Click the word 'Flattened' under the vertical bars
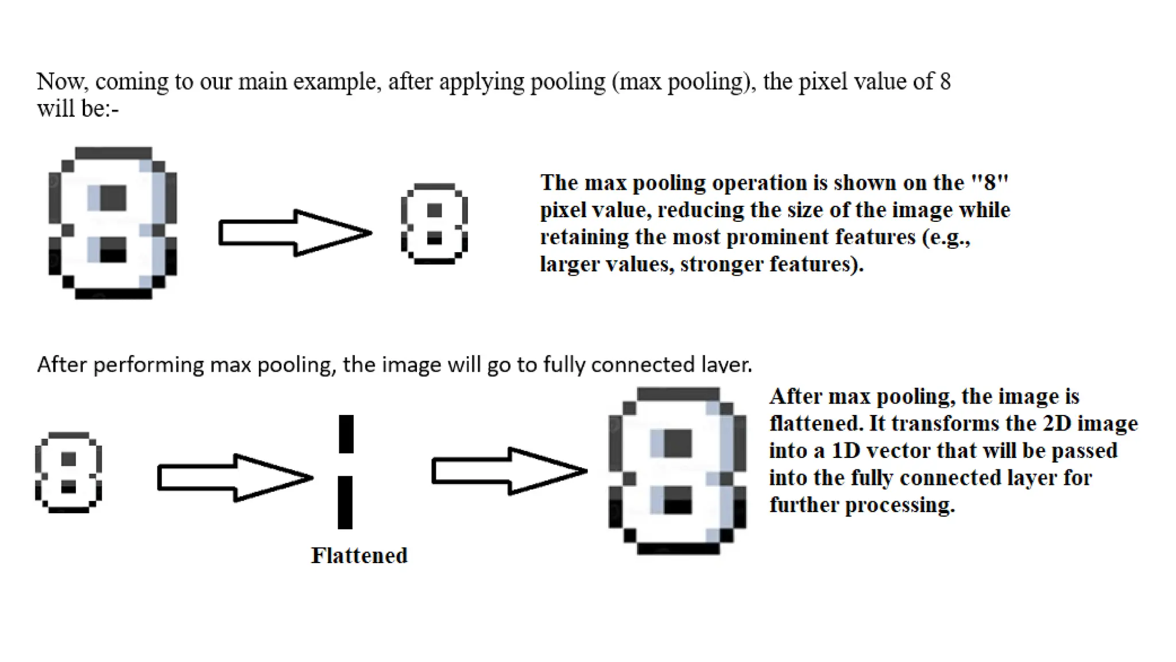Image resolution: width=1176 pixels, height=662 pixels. coord(359,556)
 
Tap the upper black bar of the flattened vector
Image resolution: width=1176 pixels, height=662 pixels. coord(346,434)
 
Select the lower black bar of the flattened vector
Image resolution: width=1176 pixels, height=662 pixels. coord(345,502)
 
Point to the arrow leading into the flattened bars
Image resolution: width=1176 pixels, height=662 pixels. coord(235,478)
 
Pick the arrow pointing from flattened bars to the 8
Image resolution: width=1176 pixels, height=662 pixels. coord(509,471)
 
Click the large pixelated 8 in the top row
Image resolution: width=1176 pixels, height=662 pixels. coord(113,223)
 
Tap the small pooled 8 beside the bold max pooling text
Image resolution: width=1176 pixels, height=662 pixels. coord(435,224)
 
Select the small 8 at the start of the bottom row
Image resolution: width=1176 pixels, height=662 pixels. coord(69,472)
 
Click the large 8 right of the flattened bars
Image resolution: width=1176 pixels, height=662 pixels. coord(678,471)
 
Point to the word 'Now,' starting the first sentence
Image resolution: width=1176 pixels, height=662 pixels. coord(63,82)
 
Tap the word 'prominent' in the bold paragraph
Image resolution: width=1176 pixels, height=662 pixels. coord(774,237)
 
